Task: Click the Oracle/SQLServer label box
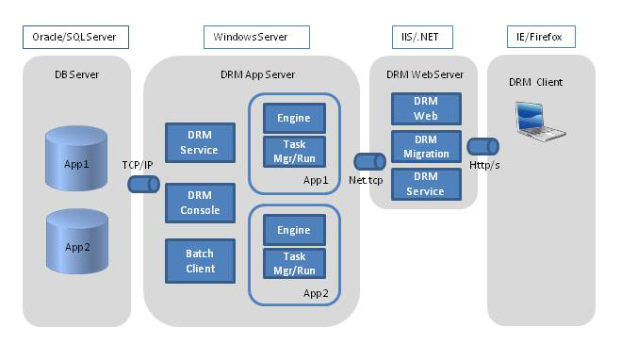[74, 38]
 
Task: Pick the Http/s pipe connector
[482, 146]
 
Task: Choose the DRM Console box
[199, 204]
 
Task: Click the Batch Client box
[199, 262]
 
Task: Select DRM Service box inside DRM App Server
[199, 143]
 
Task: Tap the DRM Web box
[426, 108]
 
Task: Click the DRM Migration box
[426, 146]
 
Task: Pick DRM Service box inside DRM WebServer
[426, 184]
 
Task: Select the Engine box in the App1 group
[294, 118]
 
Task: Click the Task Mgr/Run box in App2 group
[294, 263]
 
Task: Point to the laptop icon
[540, 121]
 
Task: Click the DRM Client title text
[535, 82]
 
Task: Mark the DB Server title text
[76, 74]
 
